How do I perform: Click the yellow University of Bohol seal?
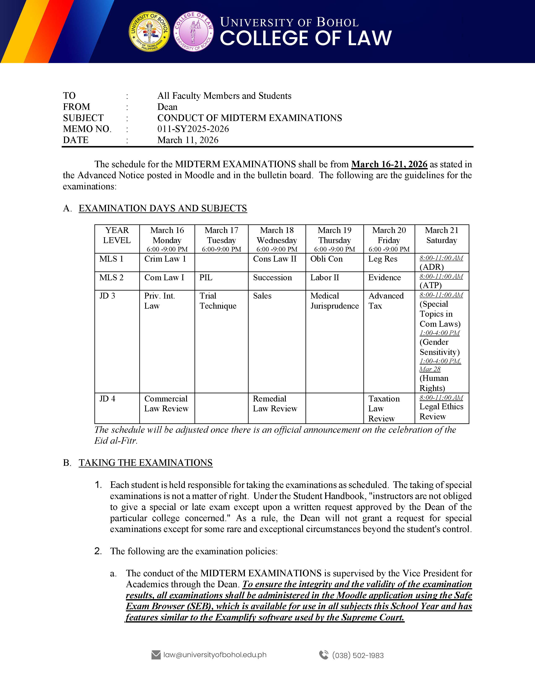(149, 32)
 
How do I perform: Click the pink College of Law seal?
(193, 32)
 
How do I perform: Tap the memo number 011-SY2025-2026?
(193, 129)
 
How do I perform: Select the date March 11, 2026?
(188, 140)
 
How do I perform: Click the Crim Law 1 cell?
(165, 259)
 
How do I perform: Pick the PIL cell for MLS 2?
(206, 278)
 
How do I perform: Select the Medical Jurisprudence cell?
(334, 301)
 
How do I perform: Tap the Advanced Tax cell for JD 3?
(386, 301)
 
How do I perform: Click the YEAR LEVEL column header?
(117, 235)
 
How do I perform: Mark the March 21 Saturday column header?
(441, 235)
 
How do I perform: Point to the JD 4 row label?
(107, 399)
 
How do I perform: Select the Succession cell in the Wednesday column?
(272, 278)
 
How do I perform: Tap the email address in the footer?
(215, 655)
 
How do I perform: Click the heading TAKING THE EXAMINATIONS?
(146, 463)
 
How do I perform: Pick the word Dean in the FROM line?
(167, 107)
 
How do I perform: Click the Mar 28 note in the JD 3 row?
(430, 369)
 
